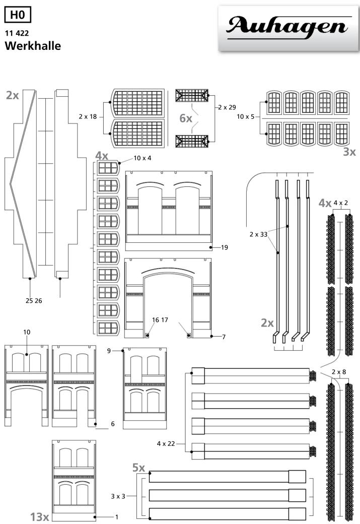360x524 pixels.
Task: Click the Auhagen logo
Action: [289, 28]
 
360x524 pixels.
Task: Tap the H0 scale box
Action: [17, 15]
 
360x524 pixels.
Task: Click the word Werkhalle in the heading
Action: [33, 46]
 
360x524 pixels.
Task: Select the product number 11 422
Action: [17, 33]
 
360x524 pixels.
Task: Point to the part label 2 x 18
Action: [88, 116]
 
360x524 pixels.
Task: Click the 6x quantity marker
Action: [186, 118]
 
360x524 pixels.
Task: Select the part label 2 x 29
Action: [227, 107]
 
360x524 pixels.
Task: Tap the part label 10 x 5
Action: [246, 116]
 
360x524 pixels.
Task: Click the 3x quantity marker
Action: [349, 152]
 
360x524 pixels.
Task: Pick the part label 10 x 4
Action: [142, 158]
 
